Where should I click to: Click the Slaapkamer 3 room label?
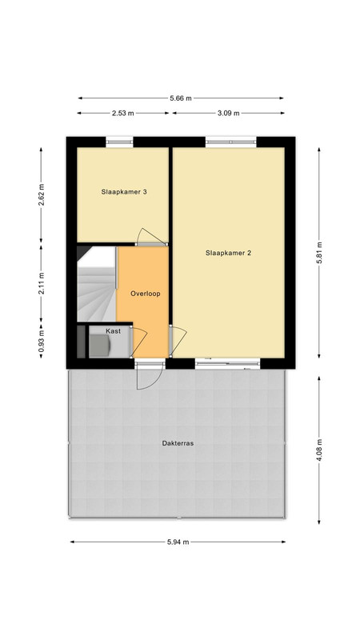[124, 191]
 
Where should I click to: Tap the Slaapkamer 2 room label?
[228, 253]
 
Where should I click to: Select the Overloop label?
[146, 294]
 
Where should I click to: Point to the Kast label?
[113, 331]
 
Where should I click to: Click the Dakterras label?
[178, 443]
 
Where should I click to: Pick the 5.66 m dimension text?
[181, 98]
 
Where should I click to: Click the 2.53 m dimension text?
[123, 113]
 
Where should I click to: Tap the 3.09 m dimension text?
[229, 113]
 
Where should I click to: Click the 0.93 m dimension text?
[41, 342]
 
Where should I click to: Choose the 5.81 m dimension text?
[319, 253]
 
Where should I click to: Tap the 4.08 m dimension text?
[319, 450]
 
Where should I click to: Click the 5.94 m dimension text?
[178, 542]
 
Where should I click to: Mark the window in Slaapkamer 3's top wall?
[119, 142]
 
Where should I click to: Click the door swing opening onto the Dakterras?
[150, 376]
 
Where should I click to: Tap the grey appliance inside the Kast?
[99, 346]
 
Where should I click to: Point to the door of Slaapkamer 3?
[152, 237]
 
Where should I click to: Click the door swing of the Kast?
[138, 342]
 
